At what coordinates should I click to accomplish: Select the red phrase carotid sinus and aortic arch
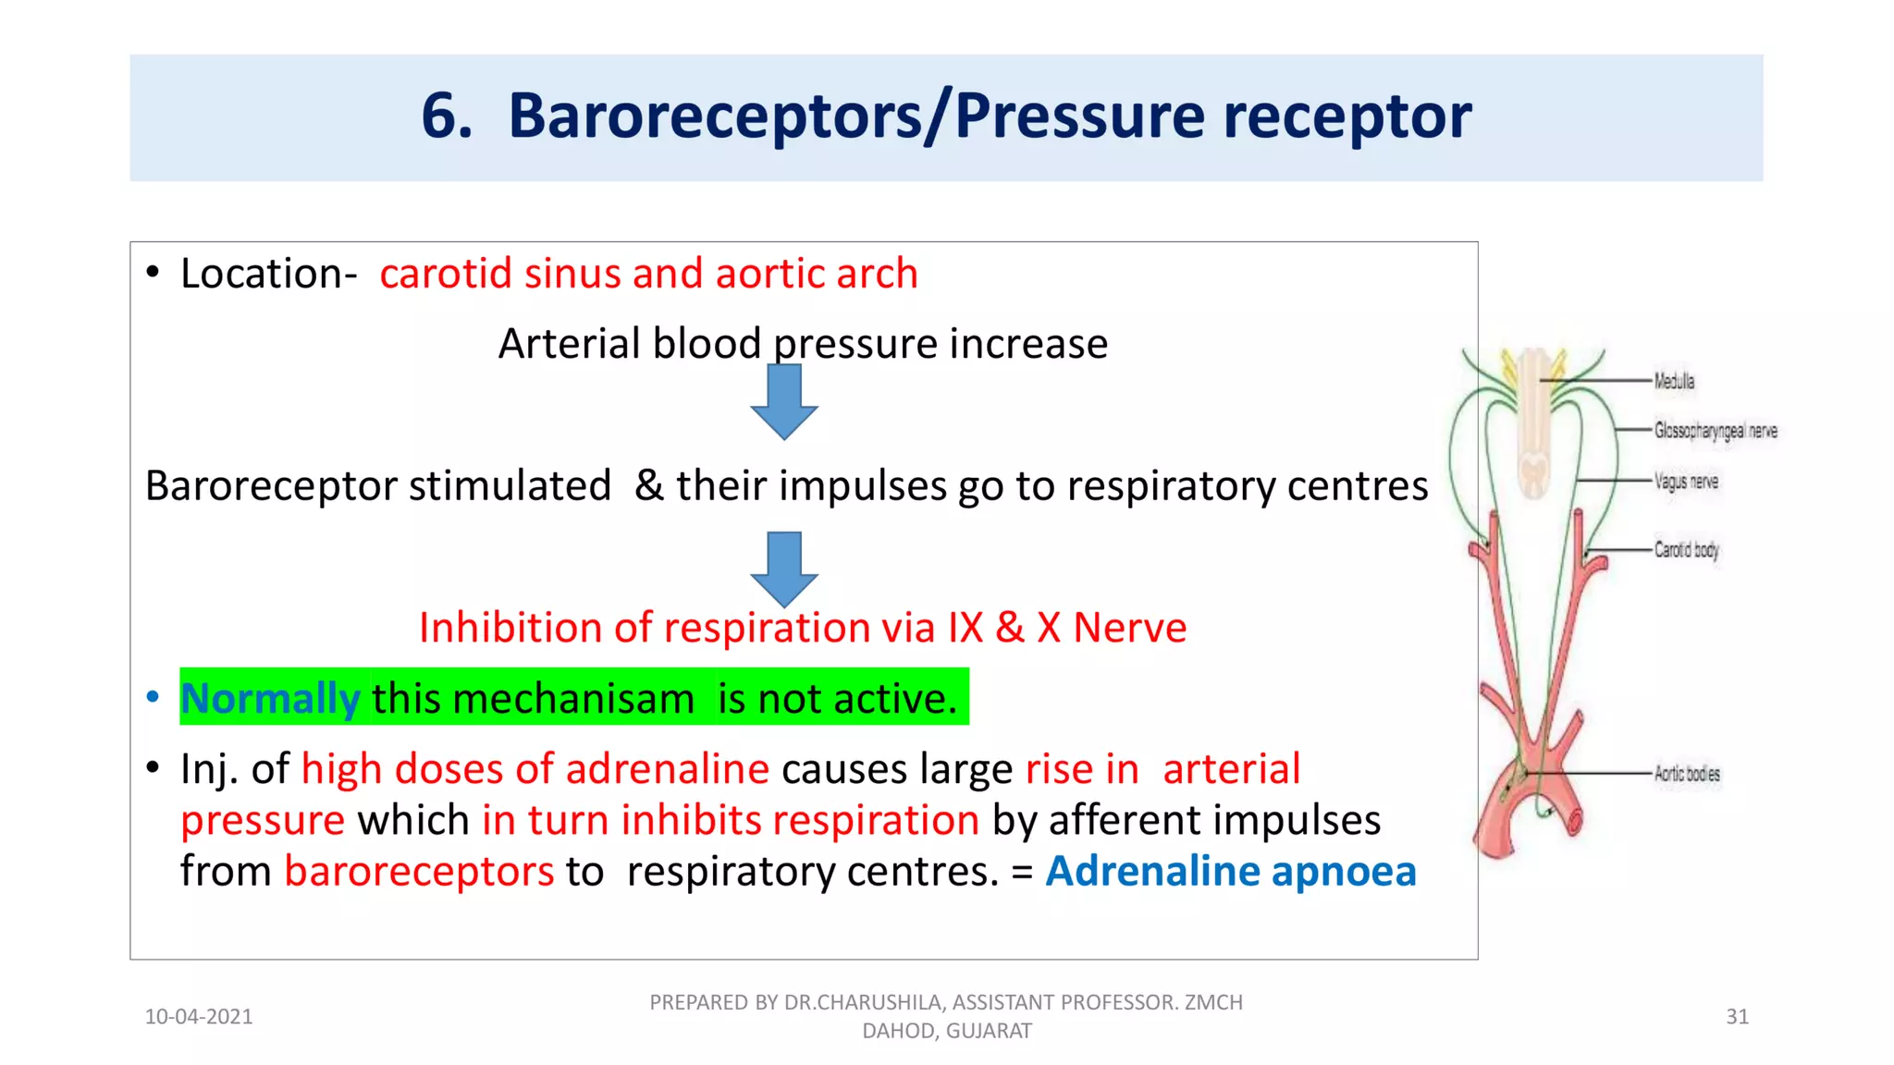648,274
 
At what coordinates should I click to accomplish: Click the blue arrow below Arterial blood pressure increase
783,401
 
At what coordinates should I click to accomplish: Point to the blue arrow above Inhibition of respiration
783,568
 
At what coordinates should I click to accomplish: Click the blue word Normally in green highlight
270,698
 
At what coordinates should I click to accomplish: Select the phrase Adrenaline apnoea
1230,871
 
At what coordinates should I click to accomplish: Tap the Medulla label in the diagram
1674,381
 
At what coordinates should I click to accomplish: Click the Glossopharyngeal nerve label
1715,431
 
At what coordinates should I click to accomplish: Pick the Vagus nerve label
1686,482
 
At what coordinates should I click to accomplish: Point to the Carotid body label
1686,550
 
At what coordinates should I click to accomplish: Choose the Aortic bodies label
1687,774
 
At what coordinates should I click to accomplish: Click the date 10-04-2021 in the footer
199,1017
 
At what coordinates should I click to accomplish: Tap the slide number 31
1737,1017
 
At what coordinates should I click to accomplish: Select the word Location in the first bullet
262,274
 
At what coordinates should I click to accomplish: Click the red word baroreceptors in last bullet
418,871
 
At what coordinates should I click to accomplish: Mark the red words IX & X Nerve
1066,628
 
